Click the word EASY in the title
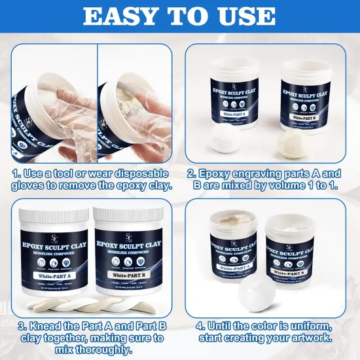coord(120,16)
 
